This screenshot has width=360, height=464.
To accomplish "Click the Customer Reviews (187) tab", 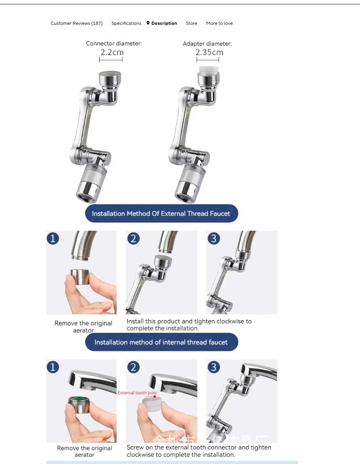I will click(76, 23).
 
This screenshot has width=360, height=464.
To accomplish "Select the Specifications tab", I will click(126, 23).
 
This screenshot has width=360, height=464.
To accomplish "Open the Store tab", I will click(191, 23).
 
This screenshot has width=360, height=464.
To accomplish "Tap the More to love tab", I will click(219, 23).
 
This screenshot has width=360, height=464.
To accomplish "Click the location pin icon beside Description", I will click(148, 23).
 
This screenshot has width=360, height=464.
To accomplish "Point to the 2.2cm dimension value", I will click(112, 52).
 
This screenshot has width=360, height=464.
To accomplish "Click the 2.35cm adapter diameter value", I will click(209, 52).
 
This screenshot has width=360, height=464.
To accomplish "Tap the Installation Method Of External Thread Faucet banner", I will click(161, 213).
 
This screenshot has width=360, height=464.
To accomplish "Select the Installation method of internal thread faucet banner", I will click(161, 342).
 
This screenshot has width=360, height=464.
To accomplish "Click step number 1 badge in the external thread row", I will click(53, 239).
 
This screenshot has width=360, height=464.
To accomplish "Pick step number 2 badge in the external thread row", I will click(134, 239).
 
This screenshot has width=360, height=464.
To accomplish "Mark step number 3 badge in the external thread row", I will click(214, 239).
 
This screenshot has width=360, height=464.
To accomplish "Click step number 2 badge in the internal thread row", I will click(134, 367).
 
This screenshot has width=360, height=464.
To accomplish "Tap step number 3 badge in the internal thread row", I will click(214, 367).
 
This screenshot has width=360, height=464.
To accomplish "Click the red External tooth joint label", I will click(137, 393).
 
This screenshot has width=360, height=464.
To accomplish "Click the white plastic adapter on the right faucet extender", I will click(208, 71).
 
